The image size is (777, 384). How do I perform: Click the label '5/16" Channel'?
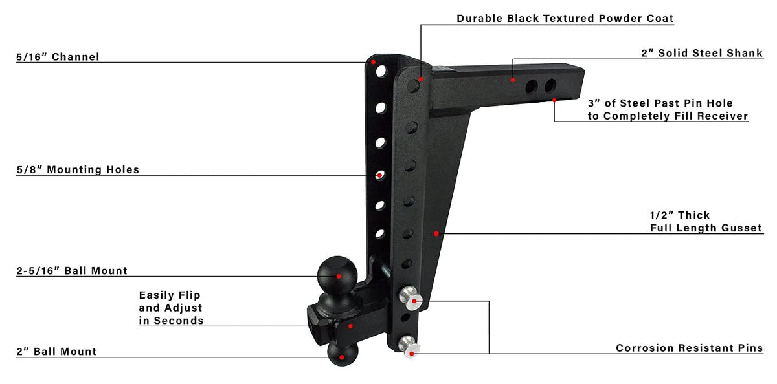point(58,57)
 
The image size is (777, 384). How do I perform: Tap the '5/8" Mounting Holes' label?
point(78,169)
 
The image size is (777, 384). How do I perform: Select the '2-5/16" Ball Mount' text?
point(72,271)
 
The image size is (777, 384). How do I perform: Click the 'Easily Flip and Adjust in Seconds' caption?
point(171,308)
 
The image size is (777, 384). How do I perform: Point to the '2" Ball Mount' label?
point(56,352)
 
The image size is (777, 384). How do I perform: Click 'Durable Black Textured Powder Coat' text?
point(565,18)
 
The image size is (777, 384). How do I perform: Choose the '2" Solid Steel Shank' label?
point(702,53)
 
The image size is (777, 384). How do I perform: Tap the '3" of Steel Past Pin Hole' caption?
point(660,103)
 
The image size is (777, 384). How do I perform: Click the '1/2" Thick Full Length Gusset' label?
point(706,222)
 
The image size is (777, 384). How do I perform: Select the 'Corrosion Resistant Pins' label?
point(689,348)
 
